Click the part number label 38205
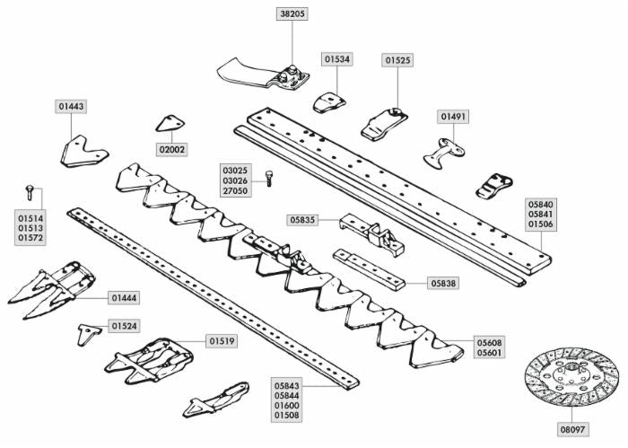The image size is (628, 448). click(292, 14)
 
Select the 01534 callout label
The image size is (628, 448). click(337, 59)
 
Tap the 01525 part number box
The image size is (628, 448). click(398, 60)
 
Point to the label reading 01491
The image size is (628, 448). click(453, 117)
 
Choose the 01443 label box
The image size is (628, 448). click(72, 107)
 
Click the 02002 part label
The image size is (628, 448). click(172, 149)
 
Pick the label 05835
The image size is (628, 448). click(302, 219)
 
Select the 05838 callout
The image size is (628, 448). click(443, 283)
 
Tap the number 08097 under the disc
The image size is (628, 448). click(571, 430)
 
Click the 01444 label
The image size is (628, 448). click(125, 297)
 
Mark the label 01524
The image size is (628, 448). click(125, 326)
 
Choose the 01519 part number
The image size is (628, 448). click(222, 341)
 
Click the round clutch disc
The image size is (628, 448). click(571, 377)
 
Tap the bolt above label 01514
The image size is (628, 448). click(31, 190)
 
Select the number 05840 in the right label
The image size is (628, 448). click(540, 204)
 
